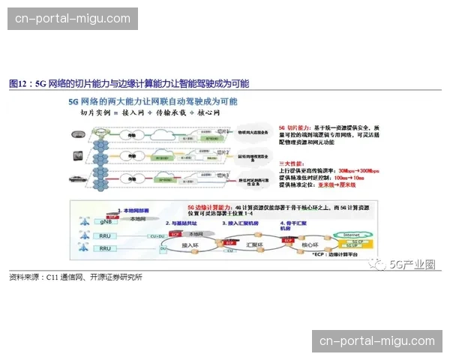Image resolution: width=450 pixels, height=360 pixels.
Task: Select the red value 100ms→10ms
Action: (349, 178)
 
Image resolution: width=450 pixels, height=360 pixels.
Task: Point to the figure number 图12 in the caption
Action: (17, 83)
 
